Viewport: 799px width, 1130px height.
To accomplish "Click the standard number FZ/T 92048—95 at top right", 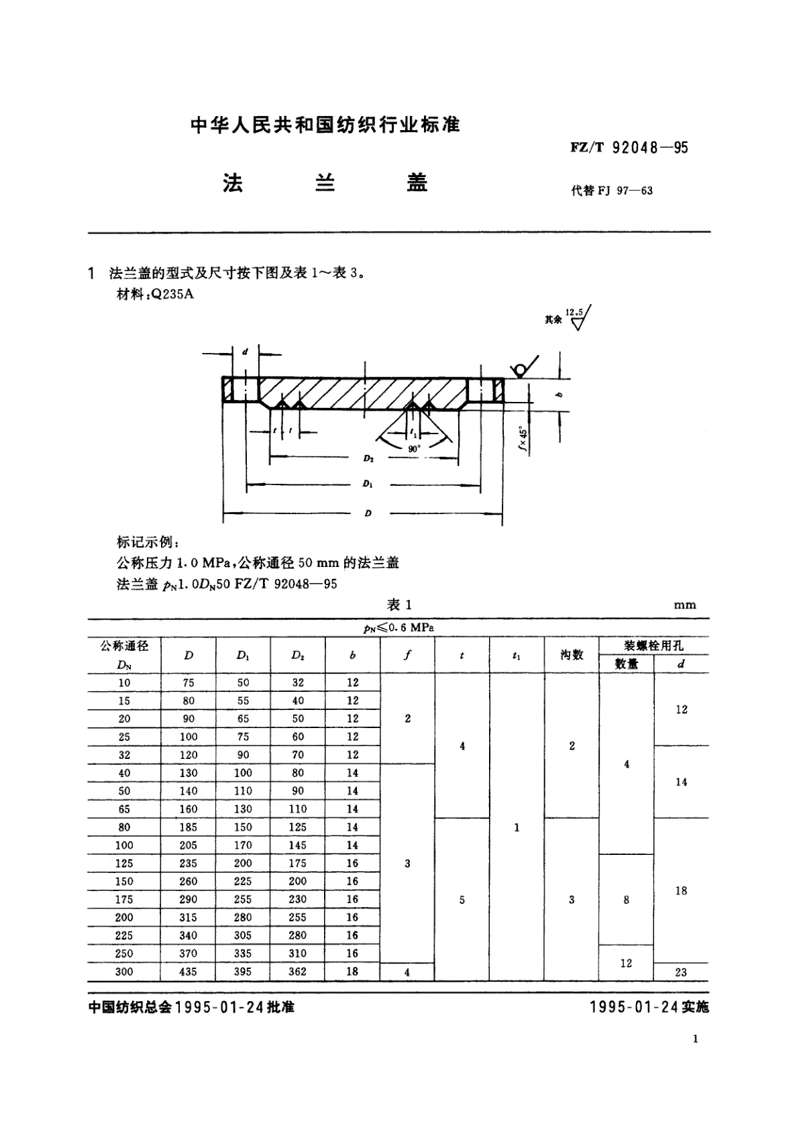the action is point(629,148).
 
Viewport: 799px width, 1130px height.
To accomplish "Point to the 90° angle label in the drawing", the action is point(414,448).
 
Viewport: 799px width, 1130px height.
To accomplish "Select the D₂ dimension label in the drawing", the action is point(368,458).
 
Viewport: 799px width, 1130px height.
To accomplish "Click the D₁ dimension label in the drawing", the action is point(368,483).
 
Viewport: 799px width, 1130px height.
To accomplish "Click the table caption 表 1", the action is point(399,605).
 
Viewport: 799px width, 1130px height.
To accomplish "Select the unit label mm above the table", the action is point(685,605).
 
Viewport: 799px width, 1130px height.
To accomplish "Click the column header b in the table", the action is point(353,656).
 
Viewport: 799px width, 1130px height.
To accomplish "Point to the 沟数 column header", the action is point(572,655).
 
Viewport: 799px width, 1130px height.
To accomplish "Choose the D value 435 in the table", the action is point(189,972).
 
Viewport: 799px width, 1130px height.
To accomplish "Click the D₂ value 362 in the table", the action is point(298,972).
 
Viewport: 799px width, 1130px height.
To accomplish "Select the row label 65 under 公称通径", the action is point(124,809).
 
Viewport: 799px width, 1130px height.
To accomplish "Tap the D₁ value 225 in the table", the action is point(244,882).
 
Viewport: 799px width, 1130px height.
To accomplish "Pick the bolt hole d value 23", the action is point(681,972).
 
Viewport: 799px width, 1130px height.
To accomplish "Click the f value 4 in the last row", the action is point(407,972).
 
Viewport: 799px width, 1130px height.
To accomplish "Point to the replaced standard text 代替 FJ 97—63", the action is point(611,191).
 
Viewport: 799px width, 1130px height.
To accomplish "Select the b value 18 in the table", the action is point(353,972).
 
